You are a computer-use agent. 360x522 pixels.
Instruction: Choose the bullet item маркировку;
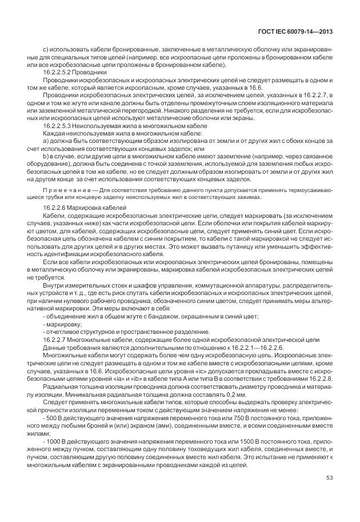pyautogui.click(x=61, y=324)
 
